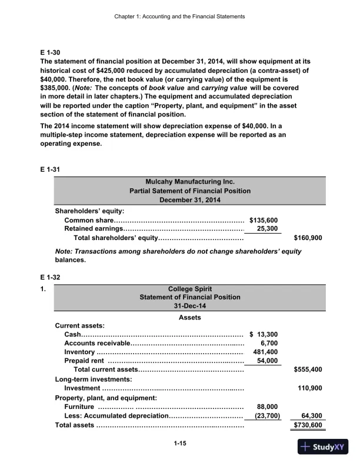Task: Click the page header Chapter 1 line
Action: click(x=180, y=16)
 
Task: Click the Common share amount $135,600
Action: click(x=264, y=220)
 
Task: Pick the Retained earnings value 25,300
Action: click(x=268, y=229)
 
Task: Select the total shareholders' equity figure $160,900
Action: click(x=307, y=238)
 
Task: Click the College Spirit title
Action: click(x=189, y=289)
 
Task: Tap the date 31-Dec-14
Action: click(x=189, y=306)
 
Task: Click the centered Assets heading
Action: click(x=189, y=318)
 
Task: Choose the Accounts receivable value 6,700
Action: click(x=269, y=344)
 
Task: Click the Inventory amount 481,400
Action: click(x=265, y=352)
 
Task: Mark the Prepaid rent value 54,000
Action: click(x=268, y=361)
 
